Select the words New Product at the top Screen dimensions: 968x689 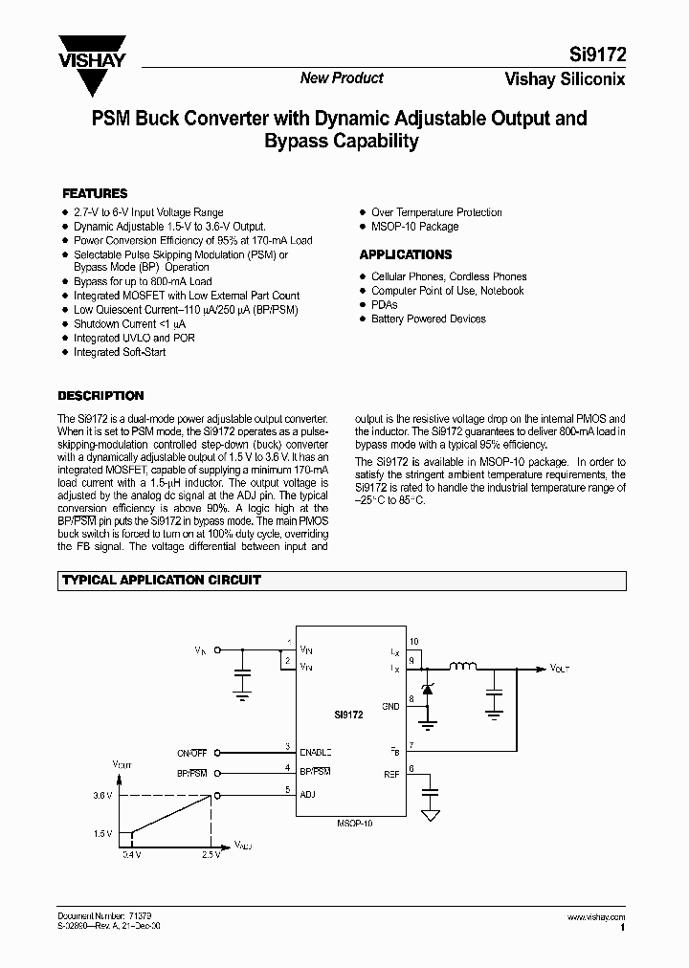pos(342,78)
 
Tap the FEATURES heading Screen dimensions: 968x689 pos(95,193)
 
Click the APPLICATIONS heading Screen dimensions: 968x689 pos(406,254)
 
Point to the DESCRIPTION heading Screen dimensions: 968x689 pos(100,395)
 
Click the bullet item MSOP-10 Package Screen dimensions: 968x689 pos(414,227)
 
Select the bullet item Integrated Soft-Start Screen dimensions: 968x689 pos(120,352)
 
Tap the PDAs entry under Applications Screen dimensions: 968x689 pos(385,304)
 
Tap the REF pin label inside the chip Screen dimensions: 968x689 pos(392,773)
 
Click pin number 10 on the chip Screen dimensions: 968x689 pos(413,641)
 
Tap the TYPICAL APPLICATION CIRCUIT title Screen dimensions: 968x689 pos(162,580)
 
